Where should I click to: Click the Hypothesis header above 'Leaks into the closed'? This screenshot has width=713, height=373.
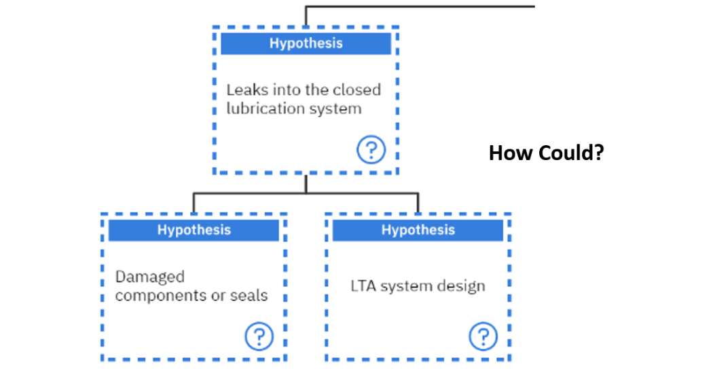coord(306,43)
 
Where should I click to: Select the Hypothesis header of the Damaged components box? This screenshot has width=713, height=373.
coord(194,230)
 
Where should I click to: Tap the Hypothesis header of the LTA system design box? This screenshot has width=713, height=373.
coord(418,230)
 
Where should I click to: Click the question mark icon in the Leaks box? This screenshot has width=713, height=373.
coord(371,150)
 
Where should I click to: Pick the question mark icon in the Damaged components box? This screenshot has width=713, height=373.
coord(259,336)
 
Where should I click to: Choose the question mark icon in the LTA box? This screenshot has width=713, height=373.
coord(483,336)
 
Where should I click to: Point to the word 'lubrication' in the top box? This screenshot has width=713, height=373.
coord(262,109)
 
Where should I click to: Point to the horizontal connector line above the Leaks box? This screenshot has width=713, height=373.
coord(421,7)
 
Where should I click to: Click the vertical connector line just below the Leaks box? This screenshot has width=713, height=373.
coord(306,184)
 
